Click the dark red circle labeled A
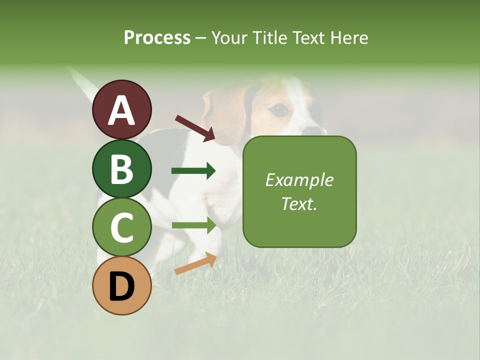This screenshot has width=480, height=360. pyautogui.click(x=121, y=109)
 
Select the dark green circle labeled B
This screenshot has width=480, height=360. pyautogui.click(x=121, y=168)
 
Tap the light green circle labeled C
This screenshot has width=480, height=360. pyautogui.click(x=121, y=227)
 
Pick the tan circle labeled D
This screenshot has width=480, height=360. pyautogui.click(x=121, y=285)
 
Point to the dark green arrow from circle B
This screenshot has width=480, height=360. pyautogui.click(x=193, y=171)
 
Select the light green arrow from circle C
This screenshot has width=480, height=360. pyautogui.click(x=193, y=225)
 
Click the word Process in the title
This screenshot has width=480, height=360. pyautogui.click(x=157, y=37)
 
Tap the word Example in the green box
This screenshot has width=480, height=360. pyautogui.click(x=299, y=180)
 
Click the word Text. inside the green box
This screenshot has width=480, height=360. pyautogui.click(x=299, y=203)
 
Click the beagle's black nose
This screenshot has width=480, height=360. pyautogui.click(x=314, y=130)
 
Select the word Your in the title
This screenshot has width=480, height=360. pyautogui.click(x=230, y=37)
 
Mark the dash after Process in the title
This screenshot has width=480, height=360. pyautogui.click(x=201, y=38)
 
